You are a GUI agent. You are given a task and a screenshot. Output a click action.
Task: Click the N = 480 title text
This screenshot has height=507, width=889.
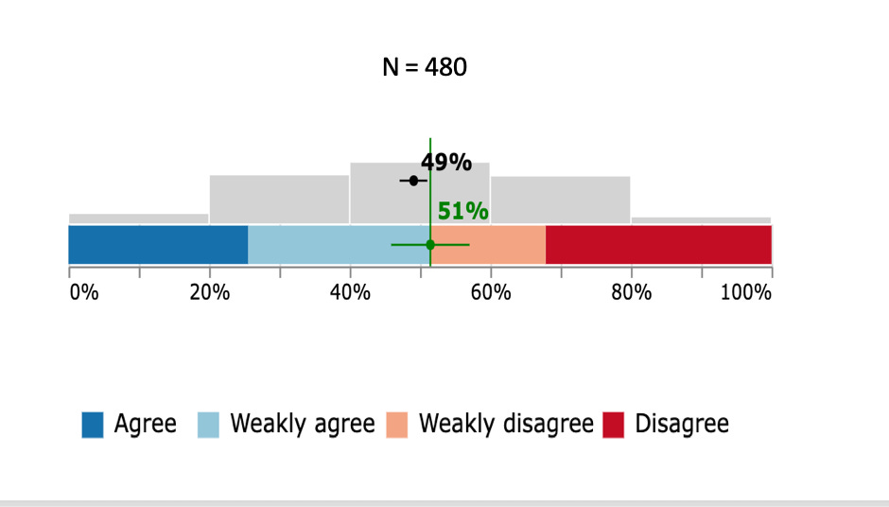tap(425, 67)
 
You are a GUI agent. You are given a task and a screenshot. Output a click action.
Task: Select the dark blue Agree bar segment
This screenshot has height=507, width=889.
tap(158, 244)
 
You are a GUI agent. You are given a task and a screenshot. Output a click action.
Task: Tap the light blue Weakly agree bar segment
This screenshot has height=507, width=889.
tap(339, 244)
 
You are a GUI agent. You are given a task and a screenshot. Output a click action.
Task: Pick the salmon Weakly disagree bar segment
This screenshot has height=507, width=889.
tap(488, 244)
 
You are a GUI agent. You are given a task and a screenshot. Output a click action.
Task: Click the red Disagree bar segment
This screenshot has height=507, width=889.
tap(659, 244)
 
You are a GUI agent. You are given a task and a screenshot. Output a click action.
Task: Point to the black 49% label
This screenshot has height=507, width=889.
tap(446, 162)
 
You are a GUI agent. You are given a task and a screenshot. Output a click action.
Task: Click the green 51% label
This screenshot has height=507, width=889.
tap(462, 211)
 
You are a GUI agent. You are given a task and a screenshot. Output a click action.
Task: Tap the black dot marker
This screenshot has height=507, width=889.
tap(413, 181)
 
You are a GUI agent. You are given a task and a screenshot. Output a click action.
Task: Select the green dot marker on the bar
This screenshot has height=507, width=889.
tap(430, 245)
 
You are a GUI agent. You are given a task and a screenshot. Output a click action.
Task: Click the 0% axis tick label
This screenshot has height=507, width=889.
tap(84, 292)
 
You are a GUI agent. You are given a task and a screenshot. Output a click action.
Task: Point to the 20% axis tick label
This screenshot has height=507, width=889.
tap(210, 292)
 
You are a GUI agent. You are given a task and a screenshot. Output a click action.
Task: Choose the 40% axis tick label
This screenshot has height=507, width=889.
tap(350, 292)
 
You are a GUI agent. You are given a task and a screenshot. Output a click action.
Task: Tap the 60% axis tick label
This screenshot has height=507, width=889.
tap(491, 292)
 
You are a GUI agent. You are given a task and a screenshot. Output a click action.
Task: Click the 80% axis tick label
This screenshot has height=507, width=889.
tap(632, 292)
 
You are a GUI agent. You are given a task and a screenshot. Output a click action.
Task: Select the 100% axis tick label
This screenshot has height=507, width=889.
tap(746, 292)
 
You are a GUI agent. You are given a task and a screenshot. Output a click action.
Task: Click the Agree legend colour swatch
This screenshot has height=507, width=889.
tap(93, 425)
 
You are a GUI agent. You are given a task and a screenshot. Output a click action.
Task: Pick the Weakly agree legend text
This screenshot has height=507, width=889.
tap(303, 424)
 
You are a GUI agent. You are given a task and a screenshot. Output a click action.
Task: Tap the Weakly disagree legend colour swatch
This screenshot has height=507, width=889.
tap(397, 425)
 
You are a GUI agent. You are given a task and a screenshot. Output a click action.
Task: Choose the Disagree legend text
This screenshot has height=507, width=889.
tap(682, 424)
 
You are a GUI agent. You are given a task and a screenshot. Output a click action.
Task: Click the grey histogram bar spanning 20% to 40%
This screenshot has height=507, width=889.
tap(280, 200)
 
